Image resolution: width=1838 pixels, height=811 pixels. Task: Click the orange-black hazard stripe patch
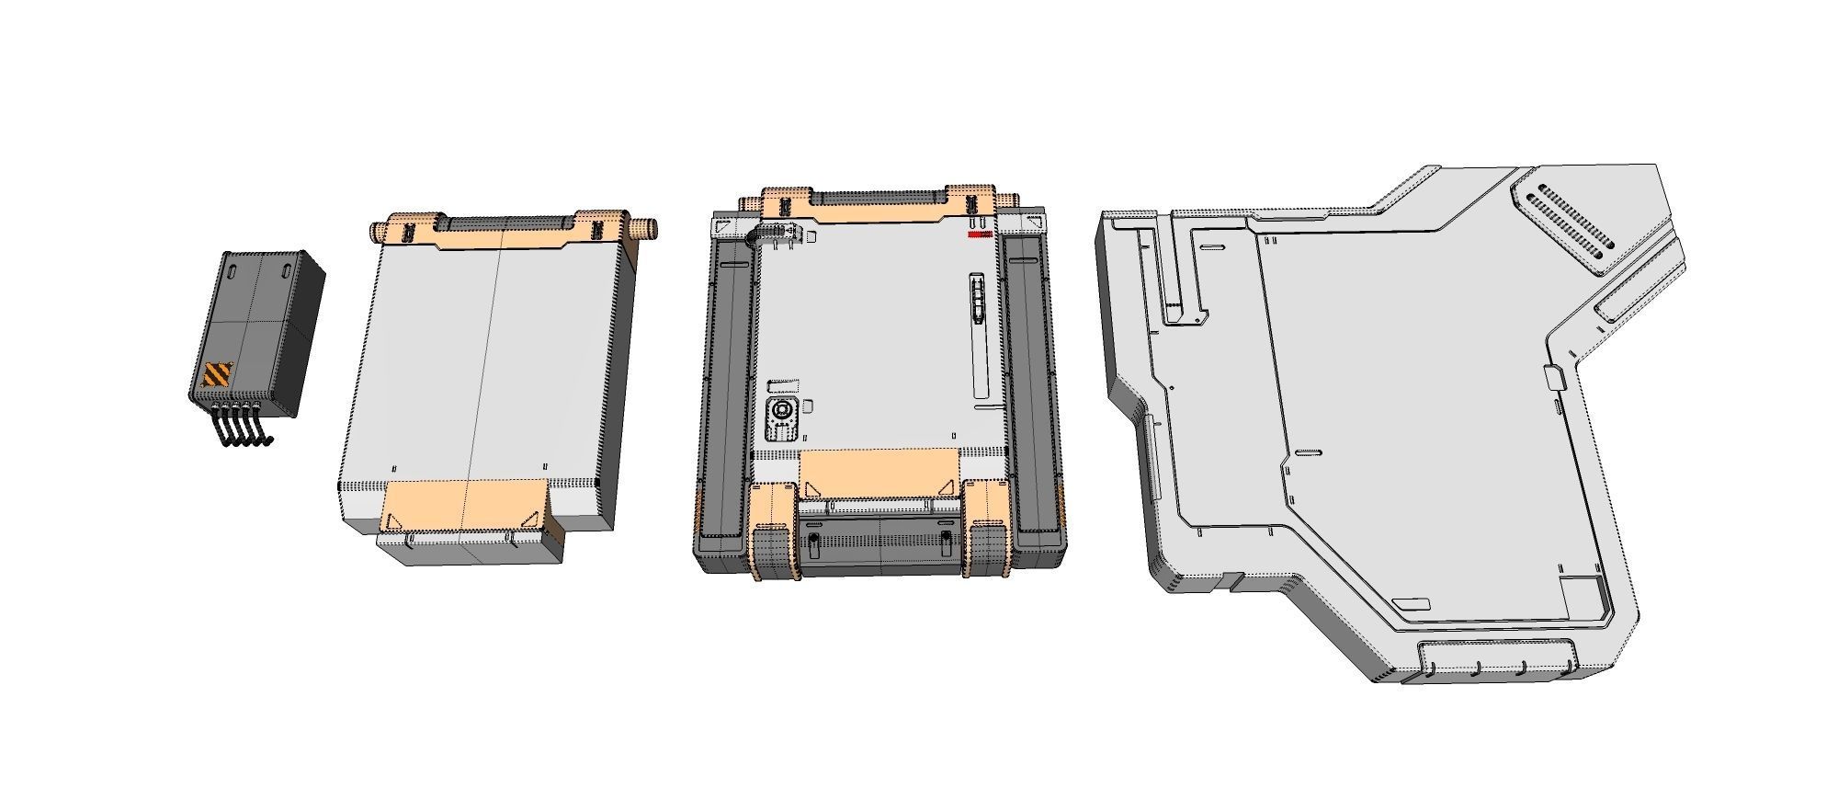coord(218,374)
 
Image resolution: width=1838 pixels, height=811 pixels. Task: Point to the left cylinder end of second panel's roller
coord(378,229)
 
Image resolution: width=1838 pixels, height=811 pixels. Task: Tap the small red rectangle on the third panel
coord(979,234)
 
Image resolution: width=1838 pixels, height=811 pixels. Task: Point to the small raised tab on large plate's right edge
coord(1554,376)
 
